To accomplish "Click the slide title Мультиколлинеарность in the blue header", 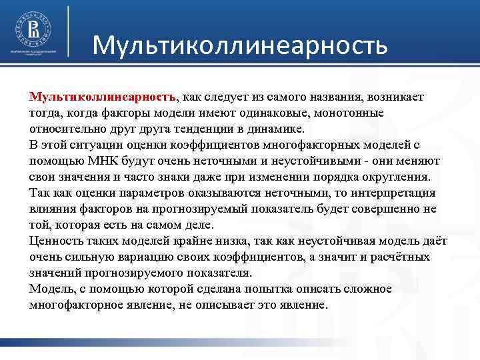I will tap(239, 45).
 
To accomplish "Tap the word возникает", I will tap(394, 97).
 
